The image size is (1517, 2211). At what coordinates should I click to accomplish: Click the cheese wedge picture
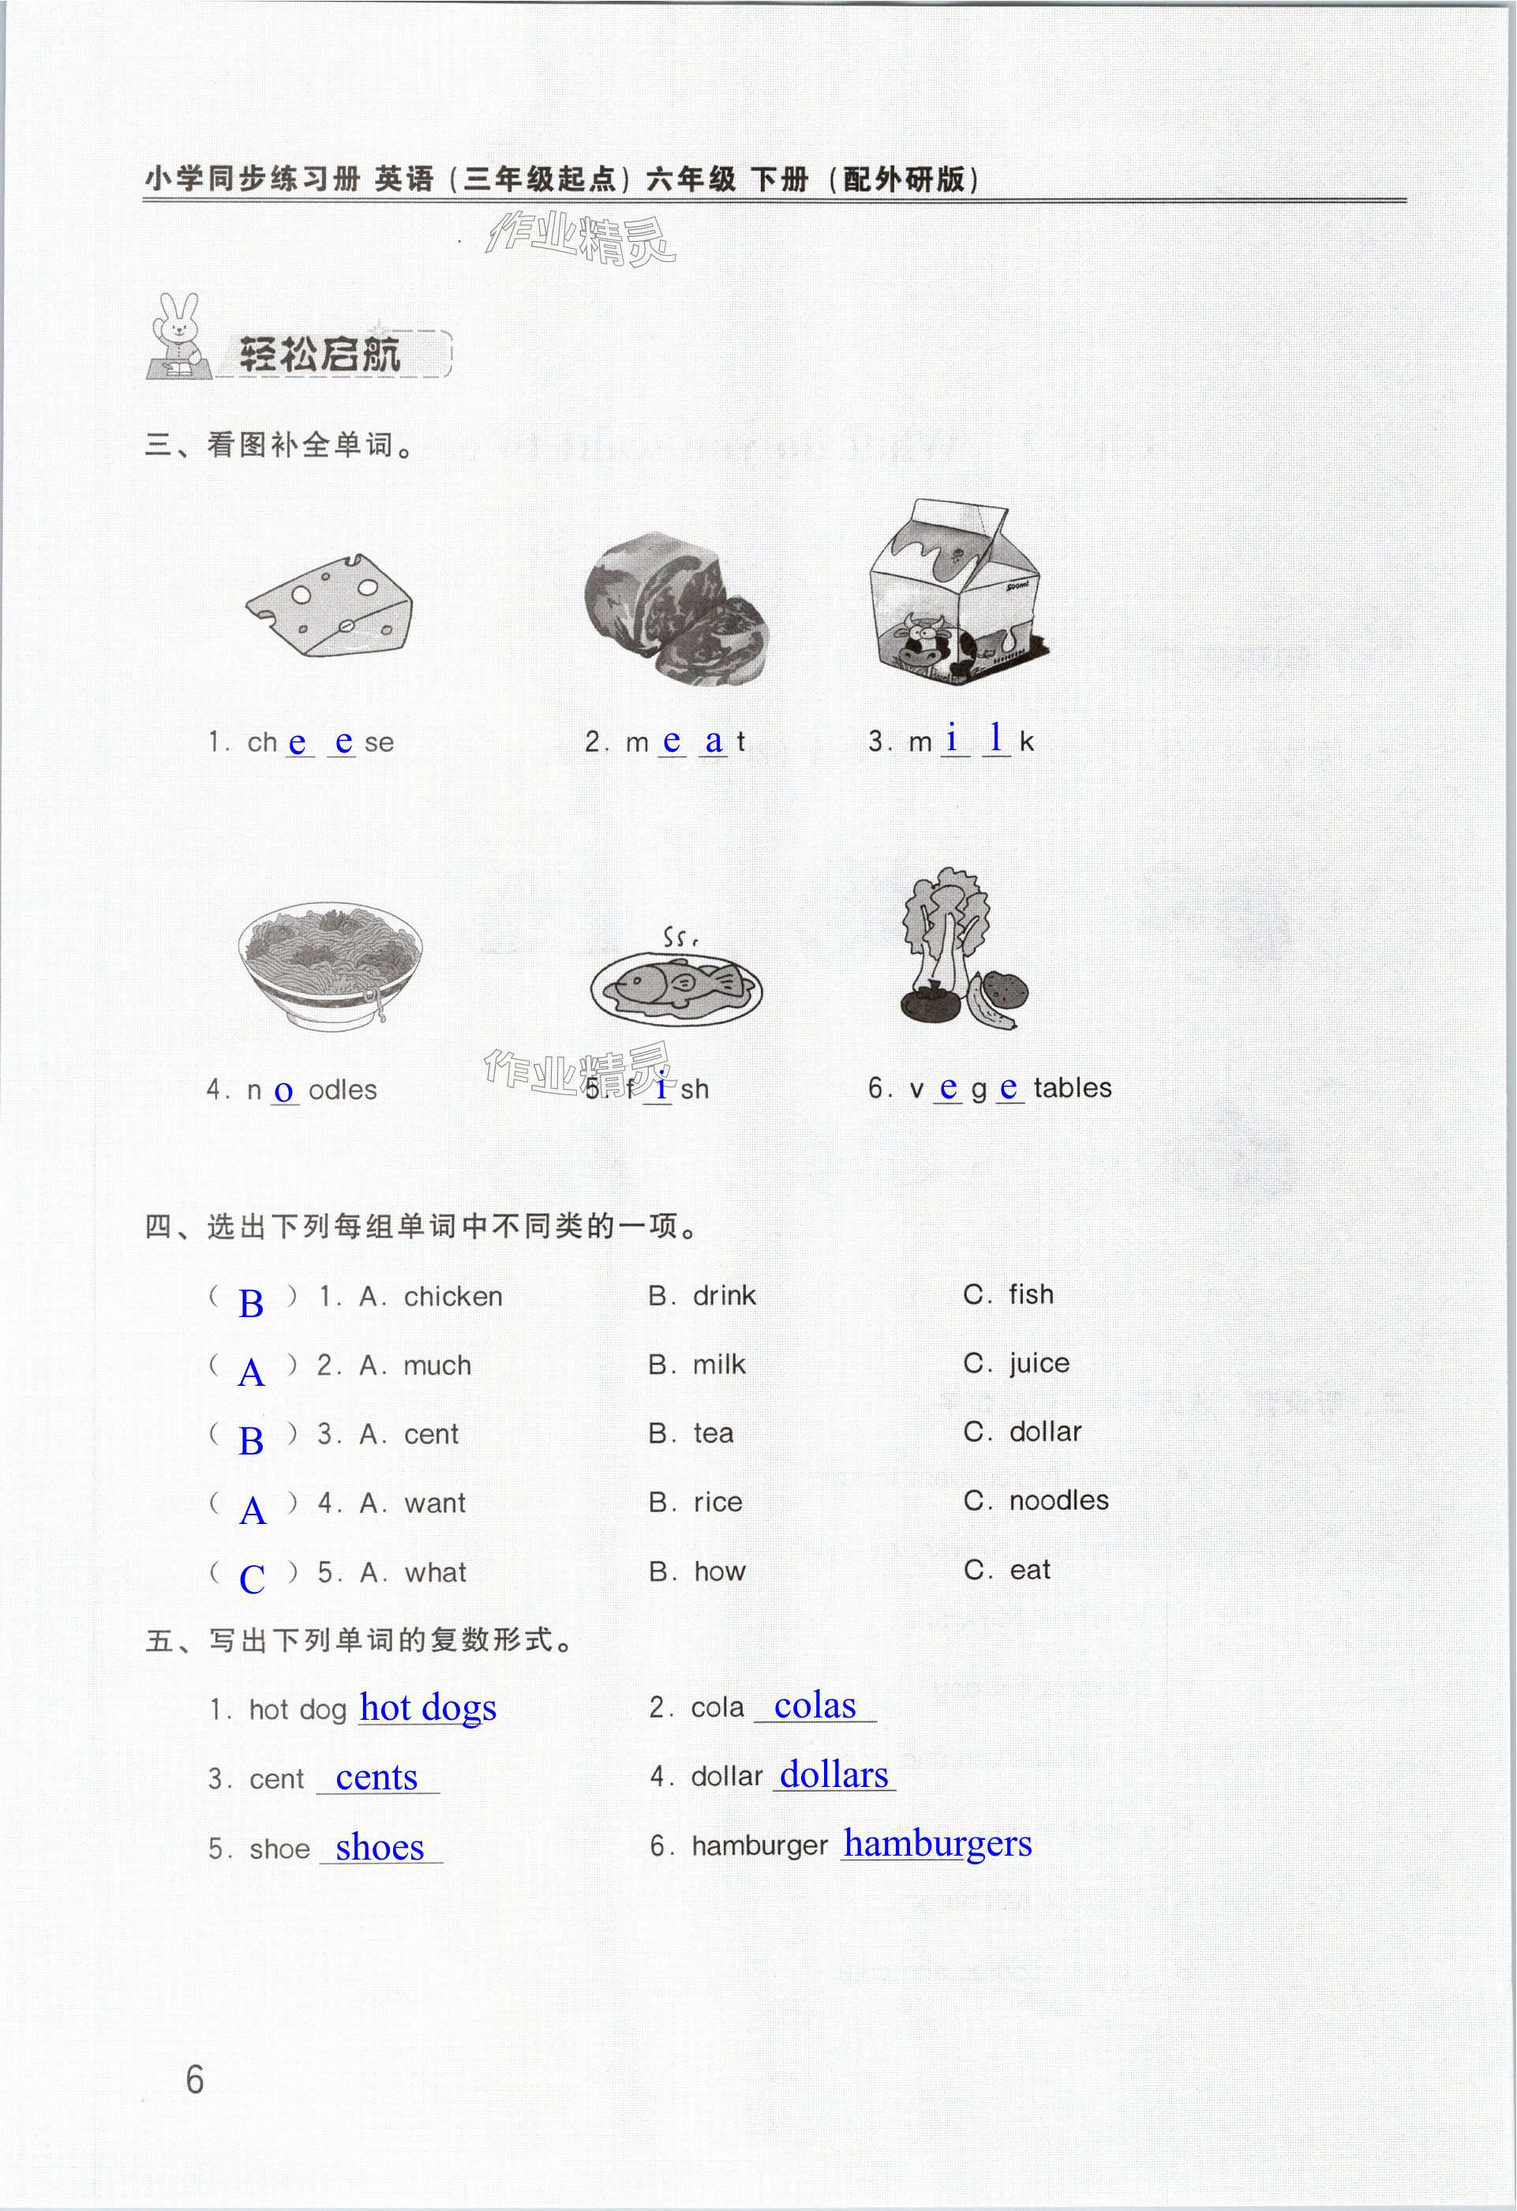pyautogui.click(x=330, y=606)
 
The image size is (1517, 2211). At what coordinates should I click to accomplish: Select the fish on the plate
pyautogui.click(x=676, y=984)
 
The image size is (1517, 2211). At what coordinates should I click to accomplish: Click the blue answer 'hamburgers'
pyautogui.click(x=937, y=1844)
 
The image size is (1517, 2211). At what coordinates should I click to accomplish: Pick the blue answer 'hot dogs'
pyautogui.click(x=428, y=1709)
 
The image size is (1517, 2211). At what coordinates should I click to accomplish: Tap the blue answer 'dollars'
pyautogui.click(x=834, y=1774)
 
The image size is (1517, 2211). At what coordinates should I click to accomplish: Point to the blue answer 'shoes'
pyautogui.click(x=380, y=1847)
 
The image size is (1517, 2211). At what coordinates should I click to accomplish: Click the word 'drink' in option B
pyautogui.click(x=724, y=1296)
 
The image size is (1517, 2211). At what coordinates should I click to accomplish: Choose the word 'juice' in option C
pyautogui.click(x=1039, y=1365)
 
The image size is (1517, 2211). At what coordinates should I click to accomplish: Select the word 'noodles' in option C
pyautogui.click(x=1058, y=1501)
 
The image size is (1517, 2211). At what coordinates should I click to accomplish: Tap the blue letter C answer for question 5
pyautogui.click(x=252, y=1578)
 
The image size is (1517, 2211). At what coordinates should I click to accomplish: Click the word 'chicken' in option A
pyautogui.click(x=453, y=1297)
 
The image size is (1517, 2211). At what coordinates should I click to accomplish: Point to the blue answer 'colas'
pyautogui.click(x=815, y=1706)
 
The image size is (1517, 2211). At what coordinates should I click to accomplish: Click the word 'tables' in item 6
pyautogui.click(x=1072, y=1087)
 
